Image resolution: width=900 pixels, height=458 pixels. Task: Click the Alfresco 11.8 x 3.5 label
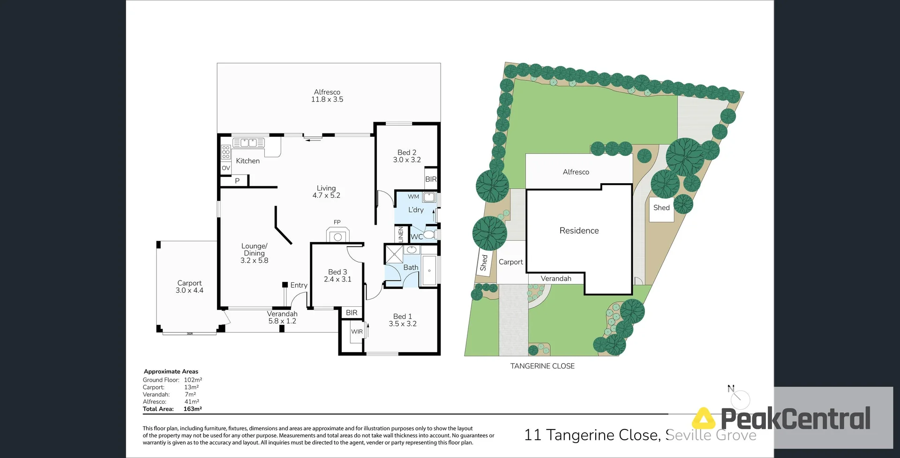[x=327, y=96]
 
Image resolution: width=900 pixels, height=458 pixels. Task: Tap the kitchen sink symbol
[x=249, y=143]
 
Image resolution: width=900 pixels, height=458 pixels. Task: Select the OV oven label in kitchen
[x=226, y=168]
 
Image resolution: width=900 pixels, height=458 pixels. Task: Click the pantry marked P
[x=237, y=181]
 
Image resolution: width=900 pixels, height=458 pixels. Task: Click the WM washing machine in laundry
[x=429, y=197]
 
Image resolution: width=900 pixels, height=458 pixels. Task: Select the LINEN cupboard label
[x=401, y=234]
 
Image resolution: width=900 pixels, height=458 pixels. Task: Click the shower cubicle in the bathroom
[x=394, y=255]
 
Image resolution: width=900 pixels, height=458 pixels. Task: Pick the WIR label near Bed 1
[x=357, y=332]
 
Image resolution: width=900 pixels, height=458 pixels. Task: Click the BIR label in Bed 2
[x=431, y=179]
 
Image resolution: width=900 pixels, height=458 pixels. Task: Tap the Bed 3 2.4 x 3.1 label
[x=337, y=275]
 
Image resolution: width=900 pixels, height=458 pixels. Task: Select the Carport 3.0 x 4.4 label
[x=189, y=287]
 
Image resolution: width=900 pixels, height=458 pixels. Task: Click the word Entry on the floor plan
[x=299, y=285]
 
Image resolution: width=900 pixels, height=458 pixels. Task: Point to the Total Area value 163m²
[x=192, y=409]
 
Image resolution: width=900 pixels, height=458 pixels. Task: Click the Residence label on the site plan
[x=579, y=230]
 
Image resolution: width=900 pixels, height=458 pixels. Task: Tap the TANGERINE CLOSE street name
[x=542, y=366]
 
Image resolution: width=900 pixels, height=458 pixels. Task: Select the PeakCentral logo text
[x=795, y=419]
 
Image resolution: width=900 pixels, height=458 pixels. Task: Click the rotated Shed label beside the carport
[x=484, y=263]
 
